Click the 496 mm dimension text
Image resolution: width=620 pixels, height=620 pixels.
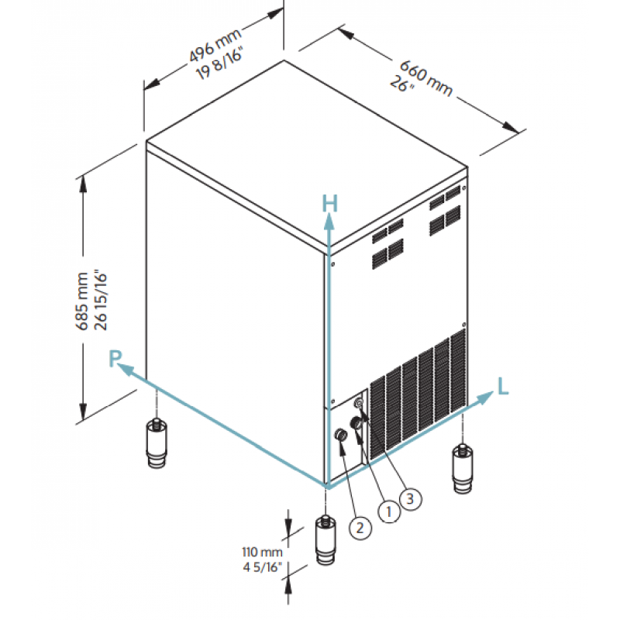click(x=215, y=46)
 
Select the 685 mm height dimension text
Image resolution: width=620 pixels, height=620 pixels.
click(x=82, y=301)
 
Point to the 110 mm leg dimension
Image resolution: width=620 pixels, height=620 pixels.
click(x=262, y=552)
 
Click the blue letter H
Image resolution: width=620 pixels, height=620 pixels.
click(x=330, y=204)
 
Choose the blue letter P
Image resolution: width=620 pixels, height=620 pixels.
click(x=115, y=358)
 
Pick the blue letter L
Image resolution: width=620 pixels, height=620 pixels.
click(x=502, y=386)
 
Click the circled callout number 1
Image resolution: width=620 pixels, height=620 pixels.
click(x=389, y=511)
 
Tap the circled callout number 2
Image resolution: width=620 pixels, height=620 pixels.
click(x=360, y=528)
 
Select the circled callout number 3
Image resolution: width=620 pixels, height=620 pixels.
click(x=411, y=498)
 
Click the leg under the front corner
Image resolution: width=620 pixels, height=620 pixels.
click(x=325, y=540)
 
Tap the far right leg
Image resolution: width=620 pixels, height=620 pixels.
click(x=463, y=469)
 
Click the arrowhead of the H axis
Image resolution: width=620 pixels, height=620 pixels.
click(x=329, y=221)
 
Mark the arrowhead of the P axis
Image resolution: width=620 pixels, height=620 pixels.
click(x=127, y=370)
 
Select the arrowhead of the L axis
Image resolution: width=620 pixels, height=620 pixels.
click(x=486, y=398)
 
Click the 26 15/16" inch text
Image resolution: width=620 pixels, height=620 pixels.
click(x=101, y=301)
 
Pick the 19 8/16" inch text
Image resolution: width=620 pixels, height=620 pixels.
click(x=220, y=64)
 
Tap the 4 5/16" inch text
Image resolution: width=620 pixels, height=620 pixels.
click(x=262, y=567)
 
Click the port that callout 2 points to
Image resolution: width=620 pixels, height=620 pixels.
click(x=340, y=436)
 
